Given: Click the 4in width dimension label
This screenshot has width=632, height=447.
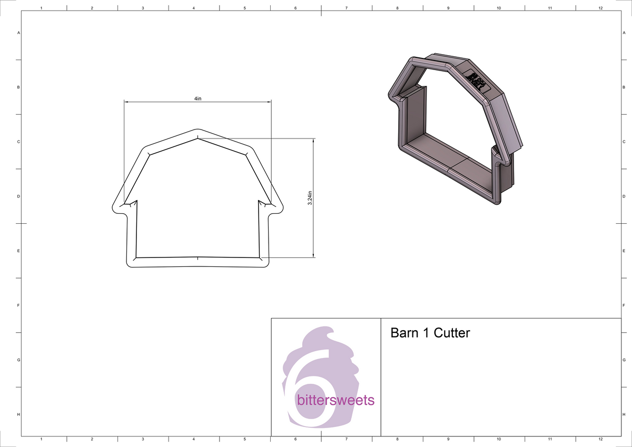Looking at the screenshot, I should point(197,98).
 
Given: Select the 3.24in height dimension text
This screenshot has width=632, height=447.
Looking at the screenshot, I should point(310,198).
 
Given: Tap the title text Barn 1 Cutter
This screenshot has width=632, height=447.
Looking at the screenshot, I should point(430,333).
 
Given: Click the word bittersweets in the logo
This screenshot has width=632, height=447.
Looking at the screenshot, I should point(335,400).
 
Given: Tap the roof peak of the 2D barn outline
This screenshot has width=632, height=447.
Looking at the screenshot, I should point(197,130).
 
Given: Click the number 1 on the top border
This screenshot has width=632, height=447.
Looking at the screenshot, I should point(41,8).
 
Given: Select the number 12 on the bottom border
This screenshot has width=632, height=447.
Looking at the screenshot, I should point(601,439).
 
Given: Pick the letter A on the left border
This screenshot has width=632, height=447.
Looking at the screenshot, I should point(19,33).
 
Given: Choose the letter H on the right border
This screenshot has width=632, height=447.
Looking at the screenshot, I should point(624,415).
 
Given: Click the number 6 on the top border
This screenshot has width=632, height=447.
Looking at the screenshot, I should point(295,8).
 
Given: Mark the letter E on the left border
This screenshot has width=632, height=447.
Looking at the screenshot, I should point(19,251).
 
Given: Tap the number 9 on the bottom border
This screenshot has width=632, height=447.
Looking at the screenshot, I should point(448,439).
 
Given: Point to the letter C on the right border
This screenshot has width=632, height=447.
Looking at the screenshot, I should point(624,142).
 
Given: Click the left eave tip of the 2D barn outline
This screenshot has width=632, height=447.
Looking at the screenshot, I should point(114,206).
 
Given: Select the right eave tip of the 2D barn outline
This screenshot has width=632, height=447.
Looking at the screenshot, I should point(281,206).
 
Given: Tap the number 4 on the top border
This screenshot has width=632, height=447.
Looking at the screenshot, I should point(194,8).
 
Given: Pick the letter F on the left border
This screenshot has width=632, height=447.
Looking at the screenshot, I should point(19,305).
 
